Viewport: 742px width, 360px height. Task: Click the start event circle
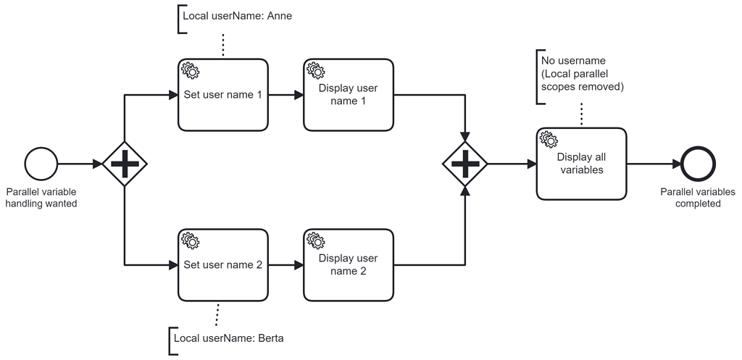point(41,164)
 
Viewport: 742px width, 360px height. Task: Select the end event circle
point(699,164)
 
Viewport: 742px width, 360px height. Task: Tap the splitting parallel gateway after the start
point(125,164)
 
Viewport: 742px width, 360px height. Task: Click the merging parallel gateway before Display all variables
point(465,164)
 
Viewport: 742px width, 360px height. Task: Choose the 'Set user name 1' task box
point(222,95)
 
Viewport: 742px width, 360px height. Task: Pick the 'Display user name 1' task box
point(349,95)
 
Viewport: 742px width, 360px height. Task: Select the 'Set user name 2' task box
point(222,265)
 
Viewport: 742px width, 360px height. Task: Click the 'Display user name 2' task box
point(349,265)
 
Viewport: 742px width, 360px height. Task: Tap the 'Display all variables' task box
point(581,164)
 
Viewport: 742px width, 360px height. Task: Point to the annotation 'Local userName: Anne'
point(237,15)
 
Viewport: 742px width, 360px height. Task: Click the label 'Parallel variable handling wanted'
point(41,198)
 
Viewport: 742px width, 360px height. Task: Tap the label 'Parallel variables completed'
point(698,198)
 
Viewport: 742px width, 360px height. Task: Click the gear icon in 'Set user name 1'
point(190,70)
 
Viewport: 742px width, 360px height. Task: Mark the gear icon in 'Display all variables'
point(549,139)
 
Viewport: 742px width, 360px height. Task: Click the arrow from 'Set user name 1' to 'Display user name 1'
point(285,95)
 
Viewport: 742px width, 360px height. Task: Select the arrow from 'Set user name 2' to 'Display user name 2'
point(285,265)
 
